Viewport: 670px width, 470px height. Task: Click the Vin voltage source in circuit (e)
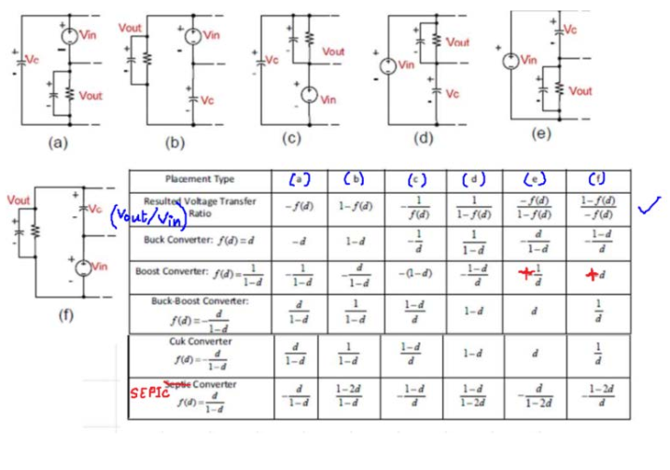pyautogui.click(x=509, y=62)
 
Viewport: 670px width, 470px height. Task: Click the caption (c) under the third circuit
pyautogui.click(x=292, y=138)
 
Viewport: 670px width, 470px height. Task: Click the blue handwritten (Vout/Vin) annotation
pyautogui.click(x=145, y=217)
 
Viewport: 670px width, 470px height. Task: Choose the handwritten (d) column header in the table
pyautogui.click(x=475, y=178)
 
